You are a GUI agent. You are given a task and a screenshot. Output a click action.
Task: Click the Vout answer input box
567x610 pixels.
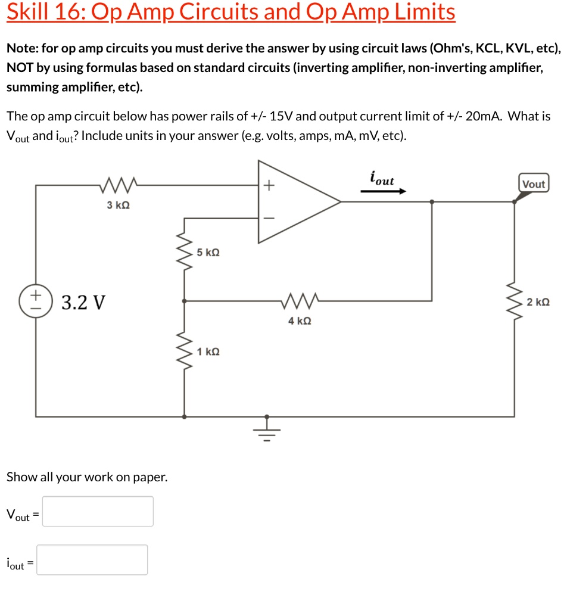point(98,511)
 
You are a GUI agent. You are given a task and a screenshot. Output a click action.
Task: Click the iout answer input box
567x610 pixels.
point(92,560)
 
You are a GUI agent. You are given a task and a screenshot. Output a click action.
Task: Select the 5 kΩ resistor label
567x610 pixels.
point(208,253)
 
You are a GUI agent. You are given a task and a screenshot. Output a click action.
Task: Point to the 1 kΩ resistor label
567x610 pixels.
point(208,351)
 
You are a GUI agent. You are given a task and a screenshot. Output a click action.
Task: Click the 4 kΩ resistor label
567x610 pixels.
point(299,321)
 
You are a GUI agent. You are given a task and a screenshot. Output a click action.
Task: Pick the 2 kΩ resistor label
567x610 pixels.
point(538,302)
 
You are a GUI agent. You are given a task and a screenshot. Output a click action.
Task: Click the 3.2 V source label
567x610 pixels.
point(83,303)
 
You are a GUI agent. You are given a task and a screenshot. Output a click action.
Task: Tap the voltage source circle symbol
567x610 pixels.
point(36,301)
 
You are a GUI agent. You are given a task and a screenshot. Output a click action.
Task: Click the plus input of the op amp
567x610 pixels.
point(268,186)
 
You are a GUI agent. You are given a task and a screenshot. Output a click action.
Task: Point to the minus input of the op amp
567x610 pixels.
point(268,217)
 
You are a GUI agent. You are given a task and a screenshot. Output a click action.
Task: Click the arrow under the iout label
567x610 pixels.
point(383,192)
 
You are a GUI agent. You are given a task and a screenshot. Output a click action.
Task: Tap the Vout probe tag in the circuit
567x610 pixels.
point(533,184)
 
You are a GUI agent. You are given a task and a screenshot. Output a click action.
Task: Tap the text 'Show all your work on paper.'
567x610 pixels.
point(86,477)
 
